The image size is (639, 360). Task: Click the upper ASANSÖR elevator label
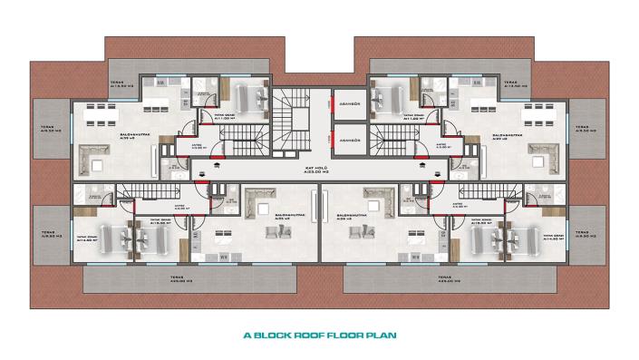point(349,104)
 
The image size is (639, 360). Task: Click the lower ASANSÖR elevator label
point(349,141)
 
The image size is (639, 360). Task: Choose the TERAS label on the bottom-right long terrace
point(443,278)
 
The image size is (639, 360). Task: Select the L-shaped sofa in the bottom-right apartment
point(377,197)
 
